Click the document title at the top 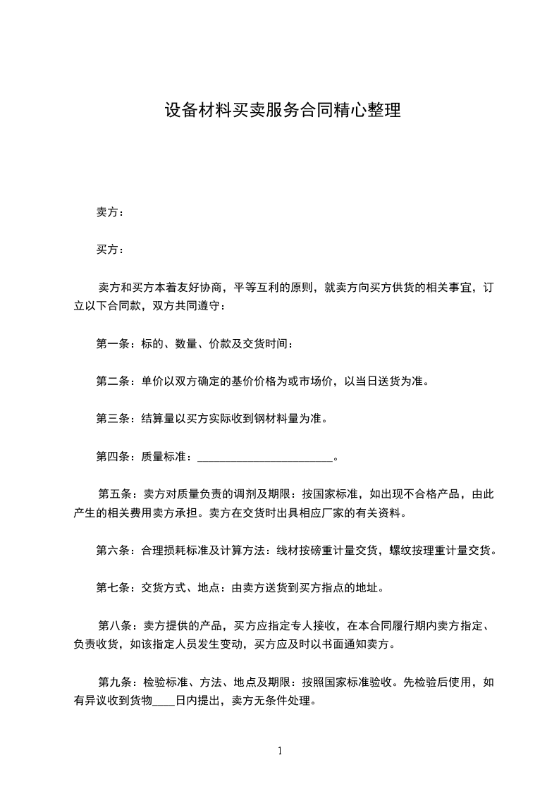pyautogui.click(x=282, y=111)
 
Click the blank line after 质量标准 pyautogui.click(x=264, y=458)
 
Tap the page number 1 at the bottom pyautogui.click(x=280, y=751)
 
